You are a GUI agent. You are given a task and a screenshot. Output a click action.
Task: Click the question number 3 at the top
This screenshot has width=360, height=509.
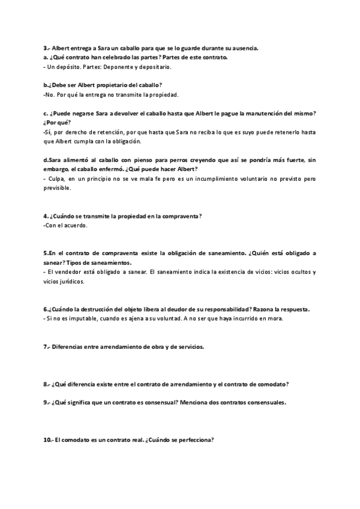point(46,48)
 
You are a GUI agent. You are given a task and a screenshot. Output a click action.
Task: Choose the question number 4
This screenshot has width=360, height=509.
point(46,216)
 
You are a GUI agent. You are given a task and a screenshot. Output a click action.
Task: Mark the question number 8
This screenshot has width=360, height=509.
point(46,384)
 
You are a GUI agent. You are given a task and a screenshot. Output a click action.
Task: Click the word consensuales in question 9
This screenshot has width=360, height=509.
point(267,402)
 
